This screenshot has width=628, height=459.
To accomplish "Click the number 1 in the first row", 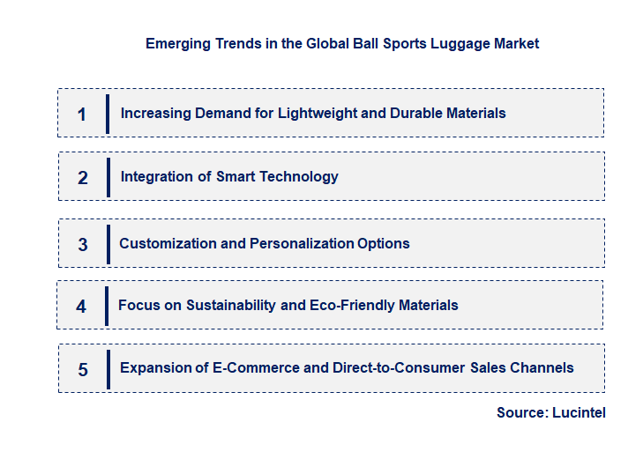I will pyautogui.click(x=82, y=115).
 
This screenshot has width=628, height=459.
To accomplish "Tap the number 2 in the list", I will pyautogui.click(x=83, y=178).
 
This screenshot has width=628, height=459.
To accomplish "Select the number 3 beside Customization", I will pyautogui.click(x=83, y=245).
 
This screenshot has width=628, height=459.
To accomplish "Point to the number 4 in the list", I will pyautogui.click(x=81, y=307).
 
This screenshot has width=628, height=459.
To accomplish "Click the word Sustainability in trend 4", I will pyautogui.click(x=213, y=305).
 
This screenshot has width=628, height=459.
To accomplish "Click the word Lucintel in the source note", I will pyautogui.click(x=579, y=412).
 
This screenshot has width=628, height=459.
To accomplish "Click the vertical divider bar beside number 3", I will pyautogui.click(x=108, y=243).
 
